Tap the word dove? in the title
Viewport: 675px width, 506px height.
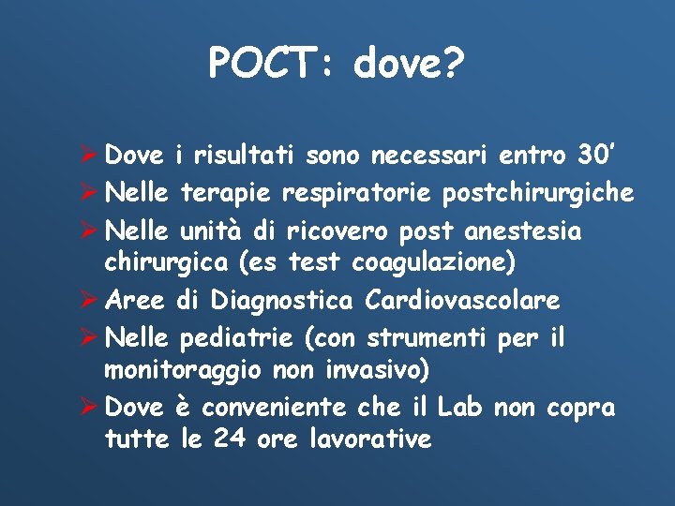[409, 64]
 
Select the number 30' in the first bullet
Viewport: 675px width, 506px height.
[593, 154]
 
